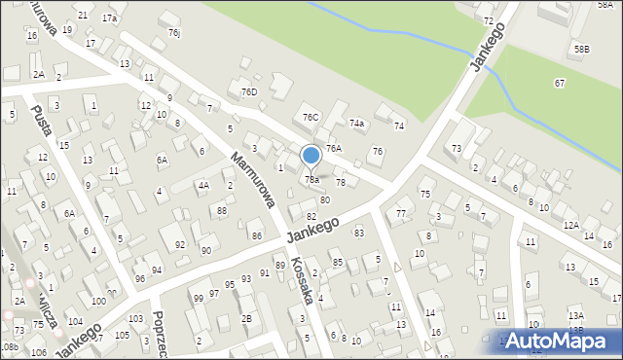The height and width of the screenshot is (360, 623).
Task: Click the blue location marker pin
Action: click(x=311, y=157)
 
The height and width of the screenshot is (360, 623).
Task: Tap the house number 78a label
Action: click(x=311, y=179)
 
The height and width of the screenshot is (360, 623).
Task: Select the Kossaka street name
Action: click(x=302, y=281)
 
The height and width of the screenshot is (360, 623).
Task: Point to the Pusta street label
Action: click(x=42, y=126)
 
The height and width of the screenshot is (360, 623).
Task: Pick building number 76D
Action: click(x=248, y=91)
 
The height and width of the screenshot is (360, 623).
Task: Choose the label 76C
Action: click(x=311, y=118)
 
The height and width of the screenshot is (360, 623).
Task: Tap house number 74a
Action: click(x=357, y=124)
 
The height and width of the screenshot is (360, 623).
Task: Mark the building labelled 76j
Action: click(x=173, y=33)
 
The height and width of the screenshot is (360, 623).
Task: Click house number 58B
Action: click(x=581, y=49)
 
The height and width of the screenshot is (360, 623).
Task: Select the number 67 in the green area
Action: click(x=560, y=84)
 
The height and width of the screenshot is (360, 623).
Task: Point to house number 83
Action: click(x=359, y=233)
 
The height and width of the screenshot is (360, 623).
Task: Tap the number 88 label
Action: click(x=222, y=211)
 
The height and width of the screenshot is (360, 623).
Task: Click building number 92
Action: click(x=179, y=244)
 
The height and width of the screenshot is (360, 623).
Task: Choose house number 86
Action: click(x=256, y=235)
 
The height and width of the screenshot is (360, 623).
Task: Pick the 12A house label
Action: click(x=571, y=225)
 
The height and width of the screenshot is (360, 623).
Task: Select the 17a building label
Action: click(x=110, y=18)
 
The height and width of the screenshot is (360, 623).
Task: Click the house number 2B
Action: click(x=246, y=318)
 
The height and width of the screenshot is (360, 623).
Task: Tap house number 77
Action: click(x=401, y=213)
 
